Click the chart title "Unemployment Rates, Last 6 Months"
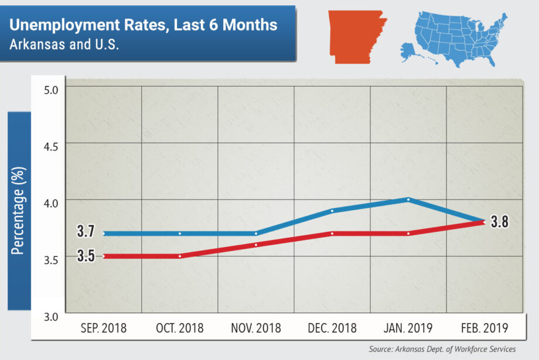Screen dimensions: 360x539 click(x=144, y=26)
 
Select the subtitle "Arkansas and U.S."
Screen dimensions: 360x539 click(x=64, y=45)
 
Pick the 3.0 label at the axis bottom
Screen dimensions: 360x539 click(x=53, y=317)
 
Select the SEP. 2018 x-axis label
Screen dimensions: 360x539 click(x=103, y=328)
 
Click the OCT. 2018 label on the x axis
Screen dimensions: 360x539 click(x=180, y=328)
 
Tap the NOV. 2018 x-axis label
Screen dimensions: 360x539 click(x=255, y=328)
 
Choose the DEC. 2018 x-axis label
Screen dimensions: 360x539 click(x=332, y=328)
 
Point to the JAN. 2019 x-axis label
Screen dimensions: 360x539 click(x=408, y=328)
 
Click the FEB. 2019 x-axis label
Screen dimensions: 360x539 click(x=484, y=328)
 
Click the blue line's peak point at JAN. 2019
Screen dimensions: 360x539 click(x=408, y=200)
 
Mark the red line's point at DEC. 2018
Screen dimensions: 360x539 click(x=332, y=234)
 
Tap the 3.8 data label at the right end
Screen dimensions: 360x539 click(x=500, y=222)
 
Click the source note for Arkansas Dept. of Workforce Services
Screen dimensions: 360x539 click(x=442, y=349)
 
